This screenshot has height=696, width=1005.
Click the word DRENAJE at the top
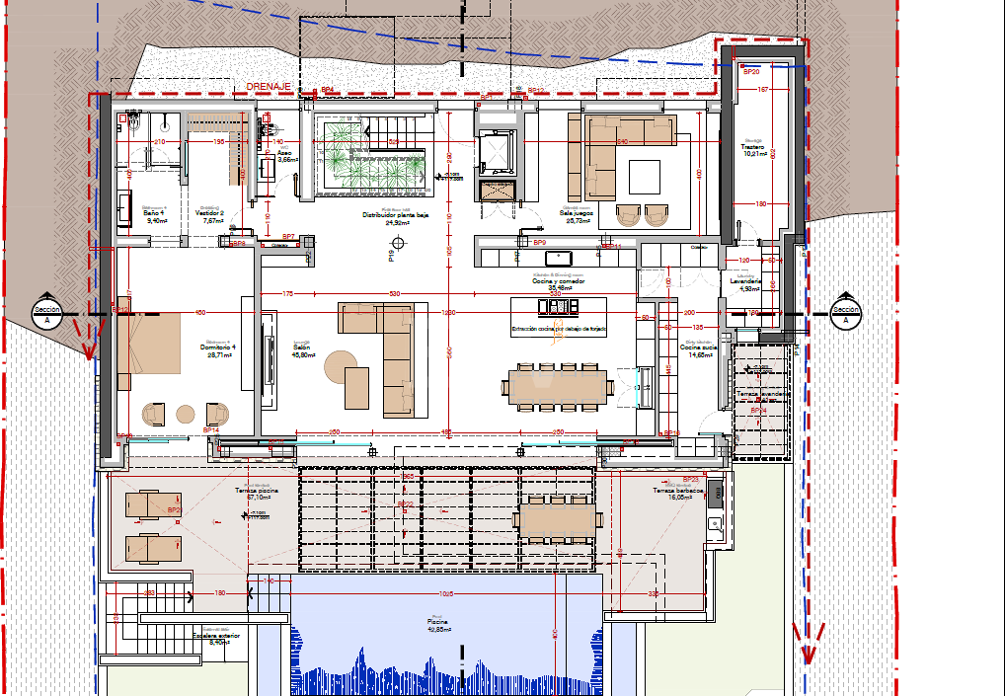tap(269, 87)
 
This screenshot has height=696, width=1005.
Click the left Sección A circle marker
tap(47, 314)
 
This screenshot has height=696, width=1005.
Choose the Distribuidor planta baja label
tap(395, 218)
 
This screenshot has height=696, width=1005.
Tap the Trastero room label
tap(754, 149)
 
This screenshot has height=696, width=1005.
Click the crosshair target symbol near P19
tap(398, 243)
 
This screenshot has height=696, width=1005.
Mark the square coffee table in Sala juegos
tap(644, 177)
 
